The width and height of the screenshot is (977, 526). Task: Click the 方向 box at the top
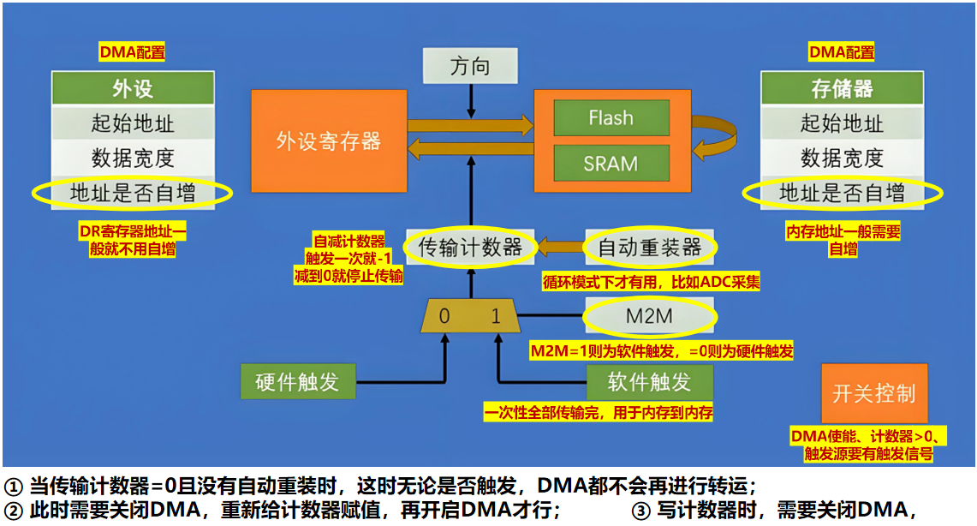pos(470,66)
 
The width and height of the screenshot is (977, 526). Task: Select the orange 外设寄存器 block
pos(328,140)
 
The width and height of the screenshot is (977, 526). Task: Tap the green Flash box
pos(611,118)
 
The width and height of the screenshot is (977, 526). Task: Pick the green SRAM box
pos(611,163)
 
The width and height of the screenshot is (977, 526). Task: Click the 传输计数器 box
pos(469,248)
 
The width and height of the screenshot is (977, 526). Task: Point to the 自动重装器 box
pos(650,248)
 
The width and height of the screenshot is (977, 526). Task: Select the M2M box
pos(649,317)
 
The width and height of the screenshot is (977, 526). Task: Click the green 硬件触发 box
pos(297,382)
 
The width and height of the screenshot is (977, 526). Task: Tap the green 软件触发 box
pos(649,382)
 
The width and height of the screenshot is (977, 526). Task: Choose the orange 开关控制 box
pos(874,393)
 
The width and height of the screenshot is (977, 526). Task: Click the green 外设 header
pos(133,88)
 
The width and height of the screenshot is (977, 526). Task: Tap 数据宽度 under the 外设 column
pos(133,158)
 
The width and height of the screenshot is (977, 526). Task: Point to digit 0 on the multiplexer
pos(444,316)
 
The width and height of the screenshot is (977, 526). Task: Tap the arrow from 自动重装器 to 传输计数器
pos(560,248)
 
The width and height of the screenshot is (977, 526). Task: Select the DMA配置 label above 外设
pos(132,52)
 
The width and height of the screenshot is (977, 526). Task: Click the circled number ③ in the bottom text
pos(642,511)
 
